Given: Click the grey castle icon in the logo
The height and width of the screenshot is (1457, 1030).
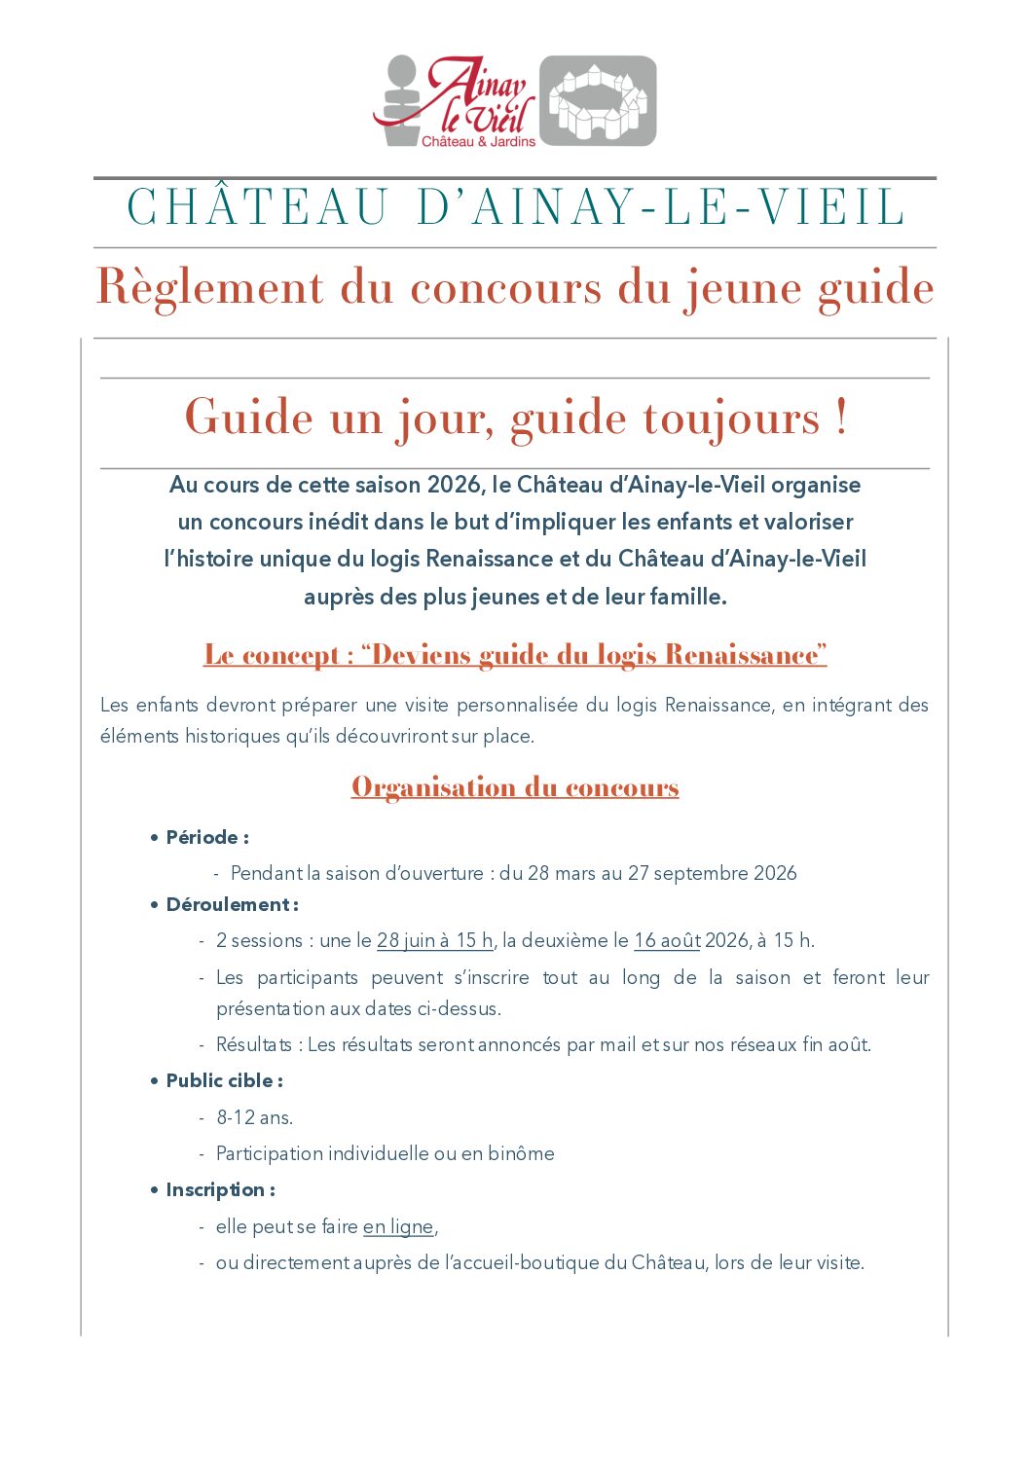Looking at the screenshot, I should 598,101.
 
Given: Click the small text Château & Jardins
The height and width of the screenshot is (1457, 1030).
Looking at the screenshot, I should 478,142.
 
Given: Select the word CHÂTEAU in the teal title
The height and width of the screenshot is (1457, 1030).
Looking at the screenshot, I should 258,208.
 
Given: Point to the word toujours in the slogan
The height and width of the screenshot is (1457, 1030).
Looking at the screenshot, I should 731,419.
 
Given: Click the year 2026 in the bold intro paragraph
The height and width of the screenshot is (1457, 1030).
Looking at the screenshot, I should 455,485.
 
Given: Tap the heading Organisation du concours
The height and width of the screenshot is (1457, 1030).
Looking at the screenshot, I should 515,787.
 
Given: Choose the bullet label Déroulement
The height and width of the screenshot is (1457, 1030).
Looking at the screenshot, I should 228,904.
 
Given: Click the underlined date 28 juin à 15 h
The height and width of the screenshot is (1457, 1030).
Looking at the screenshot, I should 434,940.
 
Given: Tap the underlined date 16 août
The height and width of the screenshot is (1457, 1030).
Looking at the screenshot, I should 667,940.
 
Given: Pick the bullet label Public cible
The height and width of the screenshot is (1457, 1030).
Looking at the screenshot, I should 219,1080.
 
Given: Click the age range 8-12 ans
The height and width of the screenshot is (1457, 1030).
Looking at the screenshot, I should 254,1117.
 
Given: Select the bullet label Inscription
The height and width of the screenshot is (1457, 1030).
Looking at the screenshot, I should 215,1189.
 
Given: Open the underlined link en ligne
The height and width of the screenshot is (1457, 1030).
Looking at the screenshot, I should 397,1226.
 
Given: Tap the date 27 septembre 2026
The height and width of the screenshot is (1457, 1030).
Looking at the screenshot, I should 712,873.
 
